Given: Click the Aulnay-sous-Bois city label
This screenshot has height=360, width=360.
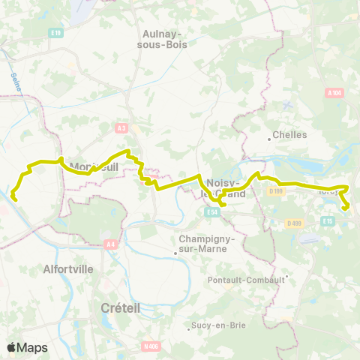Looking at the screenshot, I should coord(165,38).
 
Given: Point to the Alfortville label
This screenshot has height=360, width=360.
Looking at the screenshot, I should coord(68,268).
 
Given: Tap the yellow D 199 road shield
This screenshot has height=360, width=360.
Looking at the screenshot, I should coord(276,192).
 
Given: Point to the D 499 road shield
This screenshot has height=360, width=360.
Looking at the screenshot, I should coord(293,222).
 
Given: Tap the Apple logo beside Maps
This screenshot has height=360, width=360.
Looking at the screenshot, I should coord(11,347).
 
